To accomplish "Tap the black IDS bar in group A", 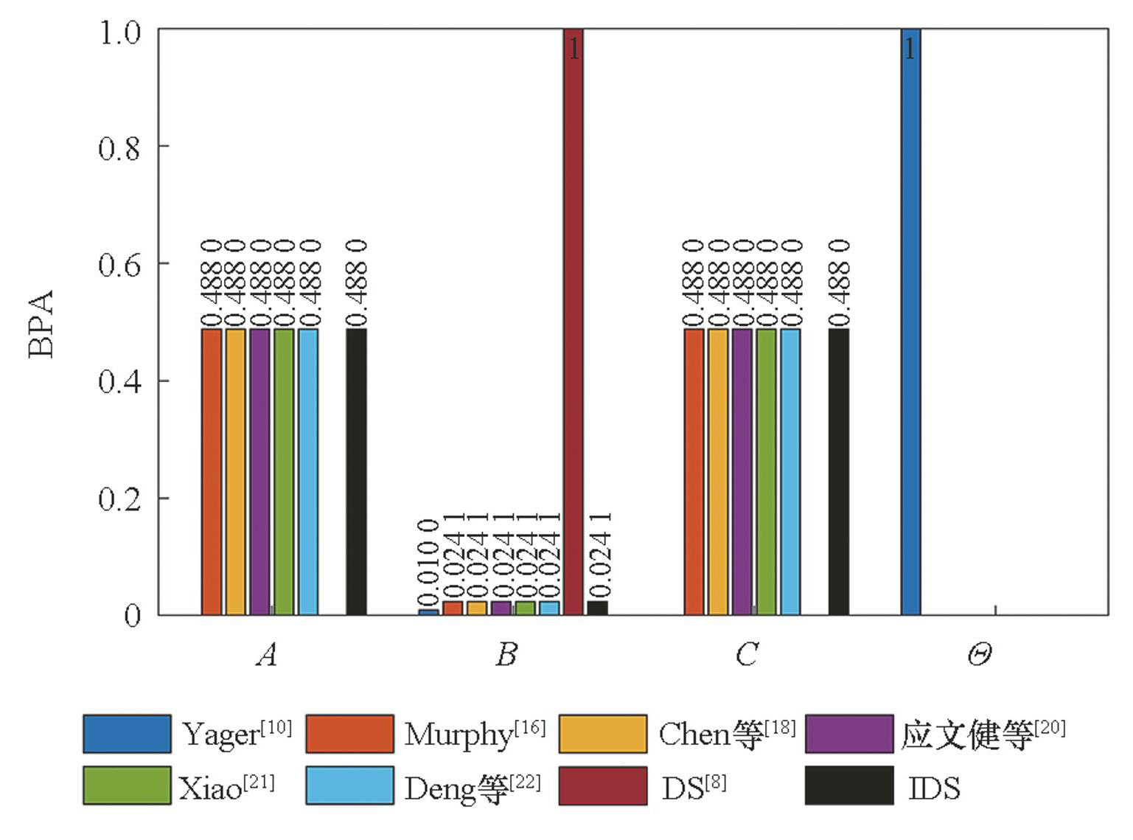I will tap(356, 471).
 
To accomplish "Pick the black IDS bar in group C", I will tap(839, 471).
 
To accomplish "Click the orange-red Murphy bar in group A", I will tap(212, 471).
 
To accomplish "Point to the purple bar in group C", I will tap(742, 471).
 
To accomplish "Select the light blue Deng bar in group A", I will tap(308, 471).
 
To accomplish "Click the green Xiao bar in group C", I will tap(767, 471).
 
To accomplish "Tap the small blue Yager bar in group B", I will tap(428, 611).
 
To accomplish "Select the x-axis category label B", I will tap(506, 653).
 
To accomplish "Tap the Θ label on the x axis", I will tap(979, 653).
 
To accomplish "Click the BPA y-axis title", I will tap(41, 323).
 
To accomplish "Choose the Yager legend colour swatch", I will tap(127, 733).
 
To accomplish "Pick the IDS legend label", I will tap(934, 788).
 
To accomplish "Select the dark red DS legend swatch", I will tap(603, 785).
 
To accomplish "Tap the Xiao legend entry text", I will tap(210, 788).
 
